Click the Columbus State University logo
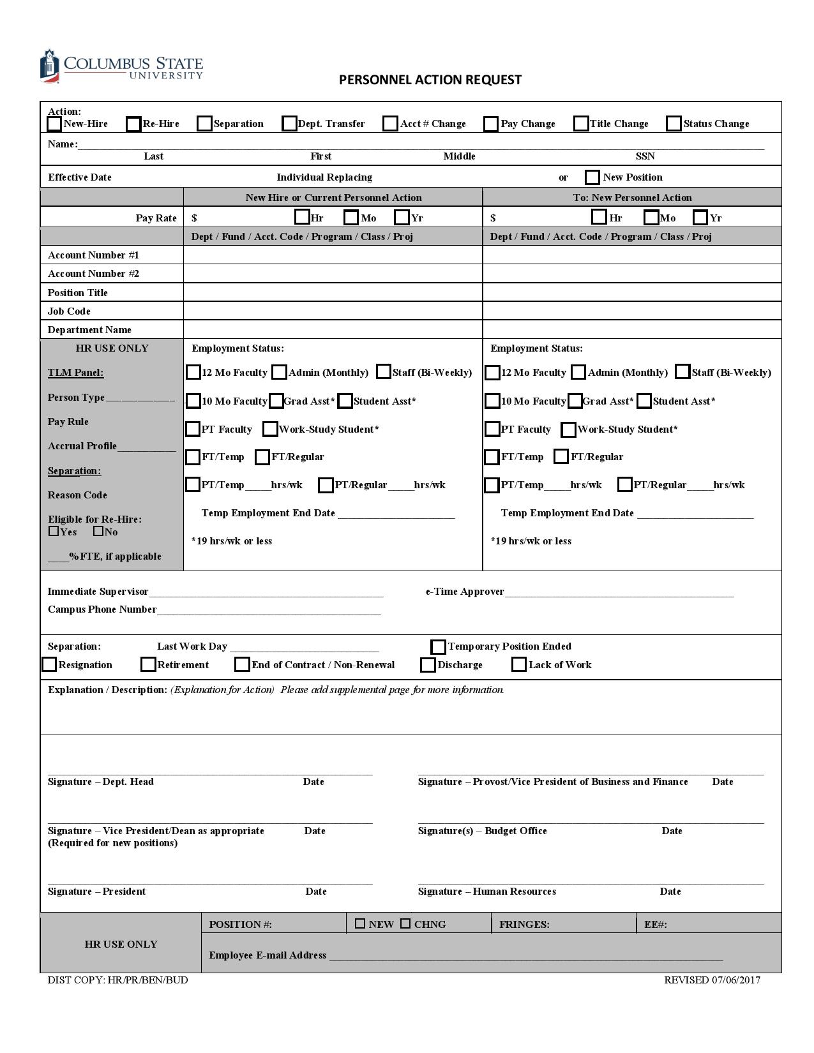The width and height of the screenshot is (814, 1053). [x=121, y=66]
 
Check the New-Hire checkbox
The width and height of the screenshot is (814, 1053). [x=55, y=124]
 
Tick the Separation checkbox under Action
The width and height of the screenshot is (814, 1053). [x=204, y=124]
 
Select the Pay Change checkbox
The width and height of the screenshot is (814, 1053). [x=491, y=124]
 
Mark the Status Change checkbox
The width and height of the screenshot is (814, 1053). [x=674, y=124]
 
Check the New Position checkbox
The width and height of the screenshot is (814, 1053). [x=592, y=177]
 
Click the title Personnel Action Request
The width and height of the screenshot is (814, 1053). [x=430, y=80]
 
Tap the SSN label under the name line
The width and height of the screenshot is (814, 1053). [x=645, y=156]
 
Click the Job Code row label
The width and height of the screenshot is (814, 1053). [x=69, y=311]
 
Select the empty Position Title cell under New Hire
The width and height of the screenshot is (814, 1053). [x=332, y=292]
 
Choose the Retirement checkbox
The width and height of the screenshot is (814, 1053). [x=148, y=665]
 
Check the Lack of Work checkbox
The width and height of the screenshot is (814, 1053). [x=519, y=665]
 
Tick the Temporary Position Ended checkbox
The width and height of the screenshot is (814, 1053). [x=438, y=647]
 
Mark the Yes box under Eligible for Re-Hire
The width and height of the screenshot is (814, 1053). [x=54, y=531]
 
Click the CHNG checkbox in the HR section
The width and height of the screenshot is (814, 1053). [x=405, y=923]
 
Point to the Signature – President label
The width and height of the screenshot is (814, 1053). [x=96, y=892]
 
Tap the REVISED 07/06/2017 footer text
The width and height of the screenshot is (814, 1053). [x=712, y=980]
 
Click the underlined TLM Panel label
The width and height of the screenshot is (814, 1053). [x=75, y=373]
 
